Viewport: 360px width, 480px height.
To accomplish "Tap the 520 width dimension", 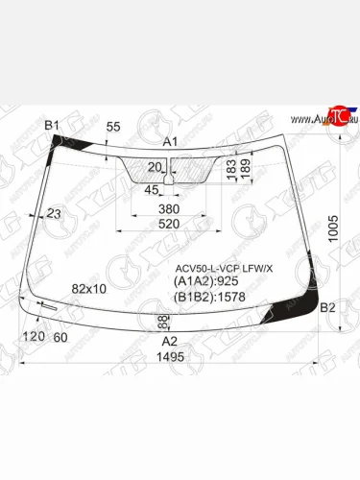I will [169, 224].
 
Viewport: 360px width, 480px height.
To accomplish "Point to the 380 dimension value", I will [169, 208].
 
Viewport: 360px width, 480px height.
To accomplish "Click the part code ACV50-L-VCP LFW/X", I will [223, 268].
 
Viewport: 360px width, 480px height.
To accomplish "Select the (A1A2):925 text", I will [205, 282].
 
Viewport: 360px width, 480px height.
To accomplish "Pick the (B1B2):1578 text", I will [209, 298].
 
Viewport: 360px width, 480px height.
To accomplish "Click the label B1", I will [52, 126].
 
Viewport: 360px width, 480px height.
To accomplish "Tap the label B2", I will [327, 307].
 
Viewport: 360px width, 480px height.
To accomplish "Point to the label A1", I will [171, 141].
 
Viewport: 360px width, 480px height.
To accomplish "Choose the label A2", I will [170, 341].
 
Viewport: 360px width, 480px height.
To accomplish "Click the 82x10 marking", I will [90, 288].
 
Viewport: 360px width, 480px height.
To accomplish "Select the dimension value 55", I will [113, 127].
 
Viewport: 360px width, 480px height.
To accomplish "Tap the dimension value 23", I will [53, 213].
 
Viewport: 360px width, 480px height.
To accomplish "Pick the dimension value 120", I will [35, 337].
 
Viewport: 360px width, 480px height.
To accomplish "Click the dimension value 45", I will [152, 188].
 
